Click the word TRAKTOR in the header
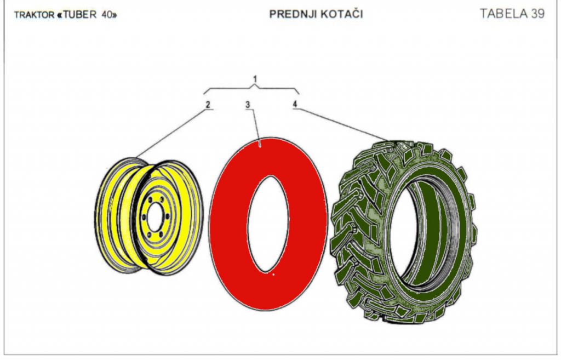tap(35, 15)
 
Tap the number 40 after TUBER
tap(106, 15)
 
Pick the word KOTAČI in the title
tap(342, 14)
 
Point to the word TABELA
tap(503, 14)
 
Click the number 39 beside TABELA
tap(538, 14)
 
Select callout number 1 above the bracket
tap(255, 78)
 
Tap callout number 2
tap(208, 105)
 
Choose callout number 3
tap(248, 105)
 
